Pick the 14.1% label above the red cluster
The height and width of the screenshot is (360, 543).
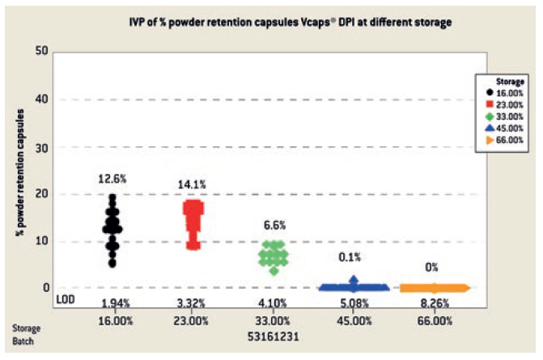point(193,184)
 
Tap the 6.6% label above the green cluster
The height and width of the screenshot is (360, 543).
point(274,225)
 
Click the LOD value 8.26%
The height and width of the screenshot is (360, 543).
point(435,303)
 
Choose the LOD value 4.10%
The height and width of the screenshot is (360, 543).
point(274,303)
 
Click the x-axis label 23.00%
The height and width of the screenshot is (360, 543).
point(193,321)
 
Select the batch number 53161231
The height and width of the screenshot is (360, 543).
point(274,333)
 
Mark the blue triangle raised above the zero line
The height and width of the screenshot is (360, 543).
point(353,281)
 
